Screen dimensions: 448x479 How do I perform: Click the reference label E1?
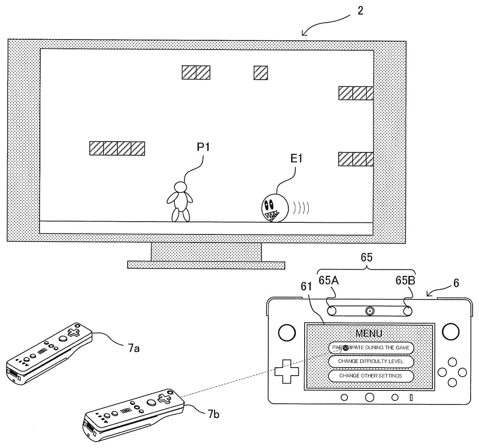(297, 159)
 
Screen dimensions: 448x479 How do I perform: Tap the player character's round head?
(180, 187)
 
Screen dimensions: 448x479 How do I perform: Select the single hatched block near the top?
(261, 72)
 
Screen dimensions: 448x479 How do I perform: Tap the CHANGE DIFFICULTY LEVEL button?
(370, 361)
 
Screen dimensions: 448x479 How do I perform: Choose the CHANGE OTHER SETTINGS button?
(370, 376)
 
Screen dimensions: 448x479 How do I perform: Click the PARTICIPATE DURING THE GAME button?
(370, 348)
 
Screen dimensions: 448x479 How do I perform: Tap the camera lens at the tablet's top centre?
(370, 311)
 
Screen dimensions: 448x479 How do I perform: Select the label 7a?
(134, 349)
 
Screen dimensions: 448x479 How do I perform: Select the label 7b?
(213, 415)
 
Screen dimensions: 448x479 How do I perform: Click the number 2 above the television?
(360, 11)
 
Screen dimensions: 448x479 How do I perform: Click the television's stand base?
(206, 265)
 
